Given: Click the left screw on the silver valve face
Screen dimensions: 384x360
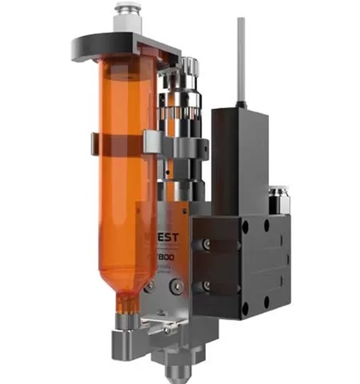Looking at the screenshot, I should click(150, 288).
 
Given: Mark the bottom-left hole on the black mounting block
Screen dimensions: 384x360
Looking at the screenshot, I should click(245, 307).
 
